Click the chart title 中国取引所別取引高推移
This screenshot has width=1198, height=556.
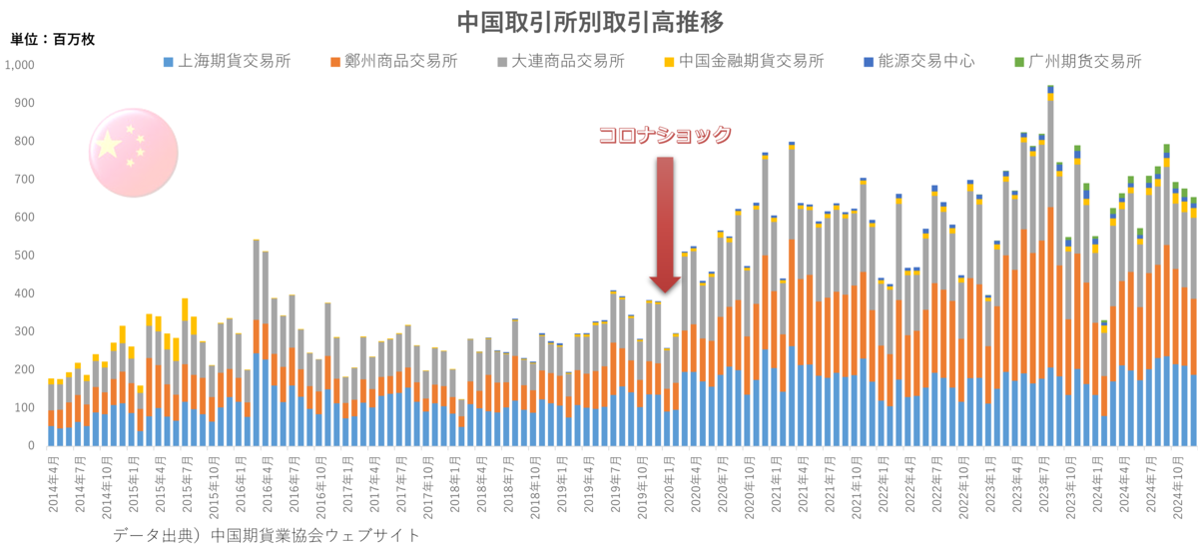click(x=589, y=21)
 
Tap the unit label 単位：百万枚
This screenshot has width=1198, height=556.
click(x=52, y=40)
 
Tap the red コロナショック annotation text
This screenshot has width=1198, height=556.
click(x=665, y=136)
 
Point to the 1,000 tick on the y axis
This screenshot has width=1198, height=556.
click(x=20, y=65)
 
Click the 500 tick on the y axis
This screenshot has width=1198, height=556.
click(x=24, y=256)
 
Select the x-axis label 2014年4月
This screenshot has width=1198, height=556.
click(x=53, y=484)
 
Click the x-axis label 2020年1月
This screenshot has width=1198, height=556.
click(x=667, y=484)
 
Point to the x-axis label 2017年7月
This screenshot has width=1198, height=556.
click(x=400, y=484)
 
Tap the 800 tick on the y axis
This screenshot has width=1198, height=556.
click(x=24, y=141)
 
